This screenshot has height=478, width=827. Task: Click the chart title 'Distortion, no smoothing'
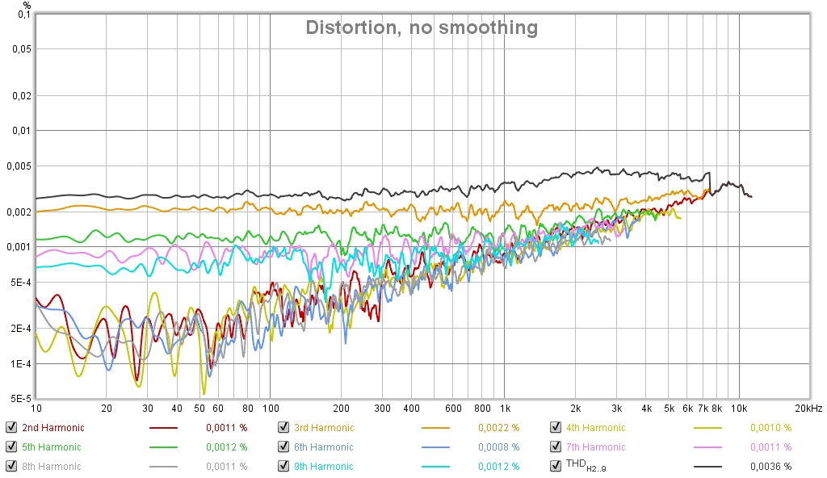pyautogui.click(x=421, y=27)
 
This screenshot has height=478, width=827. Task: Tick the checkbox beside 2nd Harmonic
pyautogui.click(x=10, y=428)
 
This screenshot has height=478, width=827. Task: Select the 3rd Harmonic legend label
pyautogui.click(x=323, y=428)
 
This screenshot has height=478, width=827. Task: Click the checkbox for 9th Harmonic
pyautogui.click(x=283, y=467)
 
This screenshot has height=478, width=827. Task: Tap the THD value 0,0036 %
pyautogui.click(x=770, y=467)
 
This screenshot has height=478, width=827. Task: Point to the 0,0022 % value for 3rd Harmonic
pyautogui.click(x=498, y=428)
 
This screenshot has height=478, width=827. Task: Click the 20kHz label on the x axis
pyautogui.click(x=808, y=409)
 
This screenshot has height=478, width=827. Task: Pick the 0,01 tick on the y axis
pyautogui.click(x=20, y=130)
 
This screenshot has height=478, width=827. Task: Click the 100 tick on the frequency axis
pyautogui.click(x=271, y=409)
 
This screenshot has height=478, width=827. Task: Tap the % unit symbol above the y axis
pyautogui.click(x=27, y=5)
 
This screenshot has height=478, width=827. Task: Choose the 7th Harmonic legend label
pyautogui.click(x=595, y=447)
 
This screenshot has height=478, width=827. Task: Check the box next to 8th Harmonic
pyautogui.click(x=10, y=467)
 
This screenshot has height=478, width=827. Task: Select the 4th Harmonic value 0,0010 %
pyautogui.click(x=770, y=428)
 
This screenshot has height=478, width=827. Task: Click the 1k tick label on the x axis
pyautogui.click(x=504, y=409)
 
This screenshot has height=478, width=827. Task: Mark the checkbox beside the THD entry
pyautogui.click(x=556, y=467)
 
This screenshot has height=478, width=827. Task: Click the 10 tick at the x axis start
pyautogui.click(x=36, y=409)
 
